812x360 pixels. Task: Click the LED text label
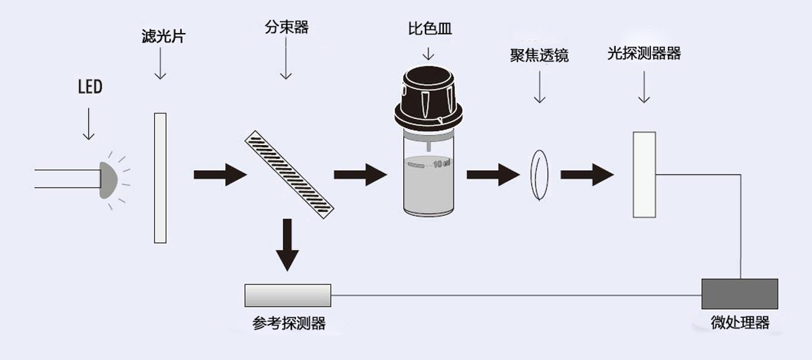(x=90, y=88)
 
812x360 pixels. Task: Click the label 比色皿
(x=428, y=29)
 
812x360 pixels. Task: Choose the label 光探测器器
(x=644, y=53)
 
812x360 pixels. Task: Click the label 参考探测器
(x=288, y=323)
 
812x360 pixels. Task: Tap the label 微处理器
(x=740, y=323)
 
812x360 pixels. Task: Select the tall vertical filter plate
(x=160, y=178)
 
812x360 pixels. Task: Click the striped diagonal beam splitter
(x=289, y=172)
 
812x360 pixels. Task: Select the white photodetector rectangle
(x=643, y=174)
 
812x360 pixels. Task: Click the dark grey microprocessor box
(x=740, y=293)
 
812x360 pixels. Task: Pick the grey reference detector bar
(x=288, y=296)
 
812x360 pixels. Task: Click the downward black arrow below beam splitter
(x=287, y=245)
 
